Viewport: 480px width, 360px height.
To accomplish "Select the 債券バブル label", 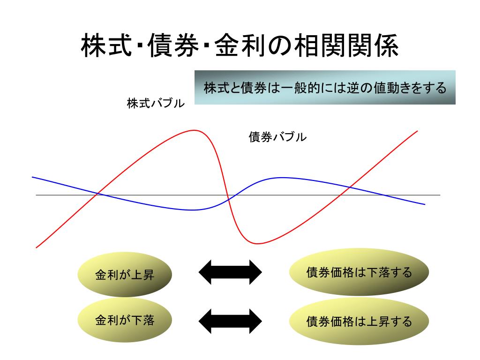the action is (277, 137).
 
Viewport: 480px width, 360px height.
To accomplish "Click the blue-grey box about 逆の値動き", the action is (325, 88).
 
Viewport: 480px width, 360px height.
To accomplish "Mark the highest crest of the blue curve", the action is (281, 178).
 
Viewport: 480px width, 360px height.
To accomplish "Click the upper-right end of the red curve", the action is (417, 131).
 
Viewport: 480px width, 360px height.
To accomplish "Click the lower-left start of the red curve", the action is (37, 247).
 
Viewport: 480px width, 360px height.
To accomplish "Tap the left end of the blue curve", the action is (32, 177).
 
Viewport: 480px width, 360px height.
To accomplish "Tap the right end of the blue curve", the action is (424, 204).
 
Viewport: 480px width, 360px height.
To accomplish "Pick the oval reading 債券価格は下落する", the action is (359, 272).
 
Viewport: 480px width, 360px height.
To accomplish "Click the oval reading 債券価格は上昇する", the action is (359, 322).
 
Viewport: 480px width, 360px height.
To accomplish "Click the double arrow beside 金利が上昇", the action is (230, 272).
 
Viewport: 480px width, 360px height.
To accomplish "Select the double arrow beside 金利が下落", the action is (230, 321).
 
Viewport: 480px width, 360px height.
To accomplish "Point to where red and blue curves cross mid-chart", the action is (229, 200).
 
